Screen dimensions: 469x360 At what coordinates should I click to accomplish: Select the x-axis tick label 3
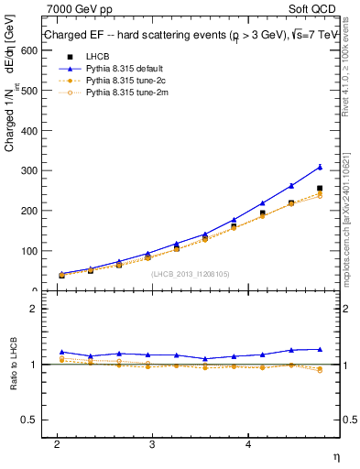pyautogui.click(x=152, y=442)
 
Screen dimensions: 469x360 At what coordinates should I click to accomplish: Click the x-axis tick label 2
pyautogui.click(x=57, y=442)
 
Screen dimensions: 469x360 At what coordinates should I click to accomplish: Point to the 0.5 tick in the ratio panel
pyautogui.click(x=27, y=420)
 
